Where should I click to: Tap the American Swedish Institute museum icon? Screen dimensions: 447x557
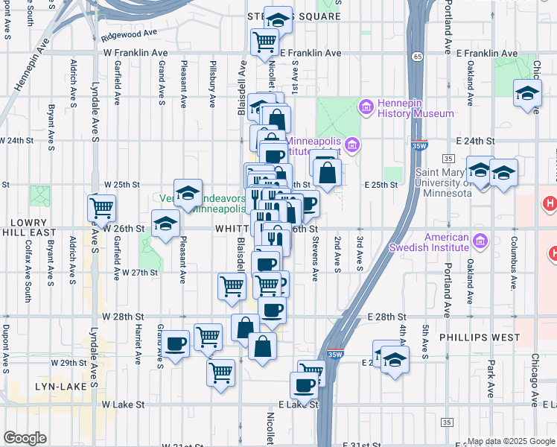coord(479,241)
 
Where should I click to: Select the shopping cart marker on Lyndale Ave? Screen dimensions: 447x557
coord(101,208)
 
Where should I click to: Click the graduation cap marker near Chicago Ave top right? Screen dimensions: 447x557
coord(527,94)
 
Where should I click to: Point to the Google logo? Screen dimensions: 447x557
coord(25,438)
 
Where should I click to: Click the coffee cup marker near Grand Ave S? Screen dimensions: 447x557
coord(176,343)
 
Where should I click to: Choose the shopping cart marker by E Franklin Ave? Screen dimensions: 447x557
coord(264,42)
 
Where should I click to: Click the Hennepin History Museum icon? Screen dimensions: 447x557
coord(366,107)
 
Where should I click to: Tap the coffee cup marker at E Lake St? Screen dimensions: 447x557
coord(304,386)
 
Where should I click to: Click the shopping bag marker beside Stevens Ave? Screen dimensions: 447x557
coord(326,172)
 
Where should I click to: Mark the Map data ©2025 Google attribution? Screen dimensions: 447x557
coord(510,441)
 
